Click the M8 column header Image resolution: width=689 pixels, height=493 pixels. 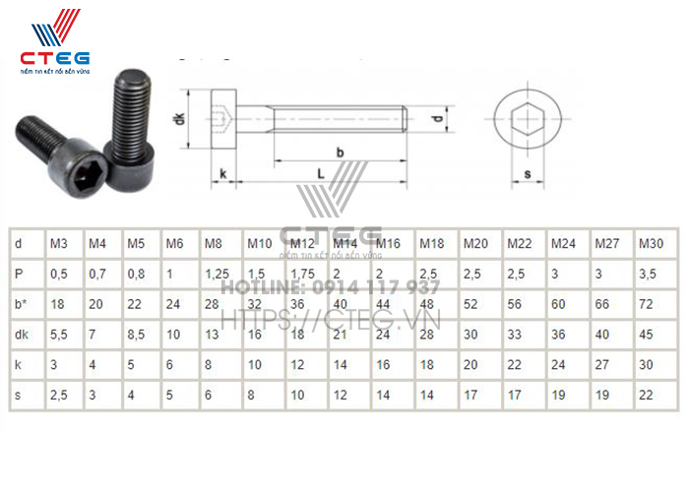213,243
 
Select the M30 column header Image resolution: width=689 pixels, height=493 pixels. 651,243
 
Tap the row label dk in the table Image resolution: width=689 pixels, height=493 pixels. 22,334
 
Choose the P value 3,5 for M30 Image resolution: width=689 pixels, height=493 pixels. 648,274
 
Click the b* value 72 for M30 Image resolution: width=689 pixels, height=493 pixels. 646,303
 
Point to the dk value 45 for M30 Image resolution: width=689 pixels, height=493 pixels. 646,334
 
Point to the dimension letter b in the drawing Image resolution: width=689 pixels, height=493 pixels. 340,152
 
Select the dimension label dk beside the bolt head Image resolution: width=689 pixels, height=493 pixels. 179,120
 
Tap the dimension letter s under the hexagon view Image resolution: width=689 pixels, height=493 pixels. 528,174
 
